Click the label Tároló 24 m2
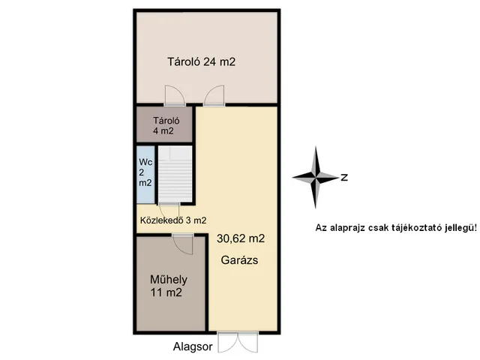(202, 61)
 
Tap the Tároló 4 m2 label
(166, 126)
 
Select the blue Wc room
(145, 175)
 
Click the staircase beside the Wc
(175, 174)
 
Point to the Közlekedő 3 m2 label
(173, 220)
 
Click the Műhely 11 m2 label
(168, 286)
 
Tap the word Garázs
(239, 260)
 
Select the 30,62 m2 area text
(241, 238)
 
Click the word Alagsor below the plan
(193, 346)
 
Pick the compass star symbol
(316, 177)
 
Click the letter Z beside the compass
(344, 177)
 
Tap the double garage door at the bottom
(238, 342)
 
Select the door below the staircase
(169, 211)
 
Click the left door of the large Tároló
(175, 95)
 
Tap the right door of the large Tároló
(214, 95)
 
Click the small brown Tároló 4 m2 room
(164, 124)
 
